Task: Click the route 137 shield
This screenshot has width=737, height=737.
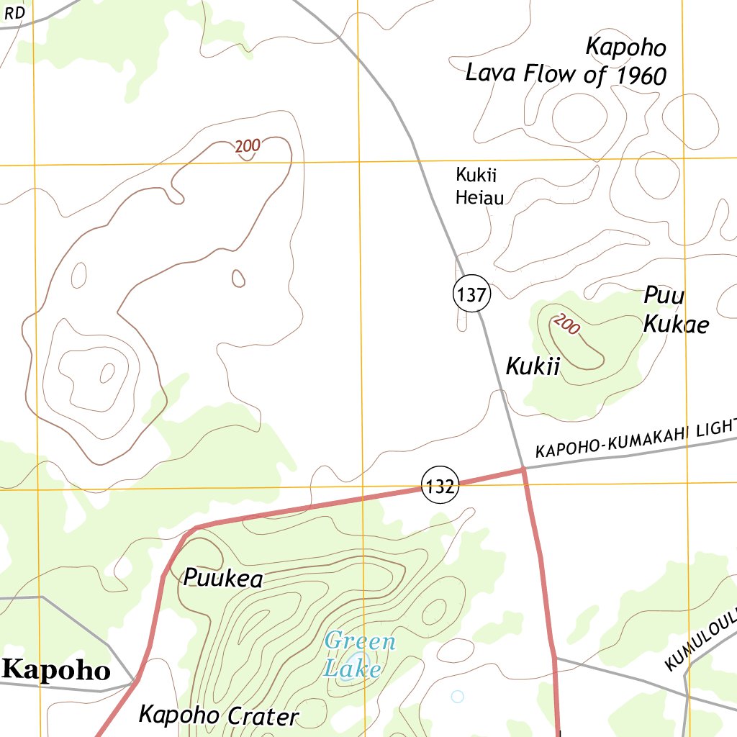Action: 471,294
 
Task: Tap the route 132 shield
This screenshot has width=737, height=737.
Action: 439,487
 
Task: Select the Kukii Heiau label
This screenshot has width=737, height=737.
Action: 479,186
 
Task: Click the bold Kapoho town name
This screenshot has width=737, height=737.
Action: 56,670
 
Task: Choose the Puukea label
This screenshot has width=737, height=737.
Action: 223,578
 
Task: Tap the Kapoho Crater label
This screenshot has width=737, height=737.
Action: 218,715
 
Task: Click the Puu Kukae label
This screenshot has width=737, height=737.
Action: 675,310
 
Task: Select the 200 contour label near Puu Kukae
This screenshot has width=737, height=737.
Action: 566,325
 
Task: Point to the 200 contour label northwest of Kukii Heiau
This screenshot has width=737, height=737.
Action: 248,146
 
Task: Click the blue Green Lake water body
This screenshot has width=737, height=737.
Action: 358,663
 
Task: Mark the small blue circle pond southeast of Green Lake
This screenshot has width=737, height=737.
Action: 457,696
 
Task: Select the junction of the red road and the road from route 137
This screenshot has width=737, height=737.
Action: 524,469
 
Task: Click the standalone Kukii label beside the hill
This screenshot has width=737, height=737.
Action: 533,366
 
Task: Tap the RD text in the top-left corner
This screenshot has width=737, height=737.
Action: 14,13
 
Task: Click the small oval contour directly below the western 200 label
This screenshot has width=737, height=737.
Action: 238,277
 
